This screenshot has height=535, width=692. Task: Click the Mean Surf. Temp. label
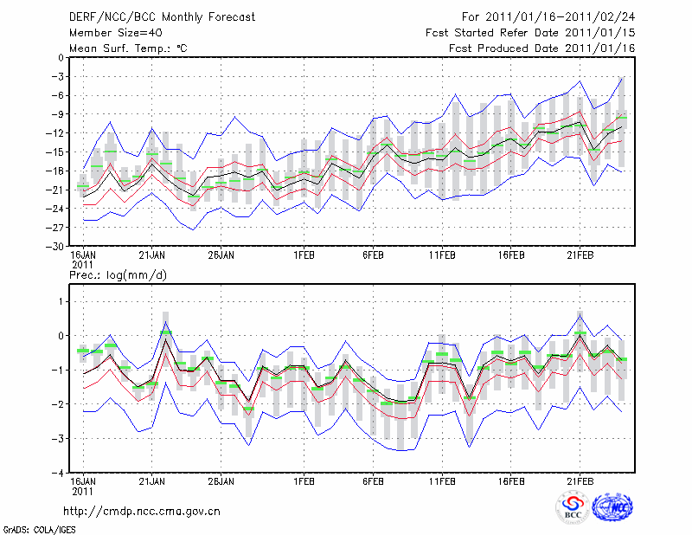(128, 48)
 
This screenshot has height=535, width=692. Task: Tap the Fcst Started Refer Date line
(530, 33)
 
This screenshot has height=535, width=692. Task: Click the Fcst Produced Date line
(542, 48)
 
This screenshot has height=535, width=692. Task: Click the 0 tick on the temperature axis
(59, 58)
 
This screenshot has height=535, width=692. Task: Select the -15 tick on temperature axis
(55, 152)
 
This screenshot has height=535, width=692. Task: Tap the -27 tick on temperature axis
(55, 227)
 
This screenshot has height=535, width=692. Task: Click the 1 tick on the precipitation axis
(60, 301)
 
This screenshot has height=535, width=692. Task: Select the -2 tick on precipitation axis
(57, 404)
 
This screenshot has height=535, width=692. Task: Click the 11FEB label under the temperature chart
(442, 255)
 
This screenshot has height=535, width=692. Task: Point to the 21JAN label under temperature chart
(152, 255)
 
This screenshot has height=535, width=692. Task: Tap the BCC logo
(573, 508)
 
